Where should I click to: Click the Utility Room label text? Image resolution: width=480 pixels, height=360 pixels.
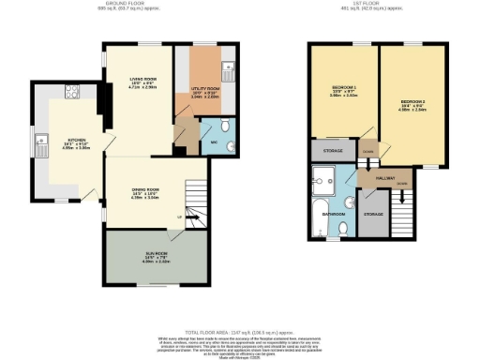205,92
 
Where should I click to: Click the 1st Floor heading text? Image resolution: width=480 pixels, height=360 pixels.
361,4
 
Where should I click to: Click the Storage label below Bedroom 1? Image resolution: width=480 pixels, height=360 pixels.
333,150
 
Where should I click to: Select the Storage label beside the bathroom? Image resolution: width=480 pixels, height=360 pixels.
373,215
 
